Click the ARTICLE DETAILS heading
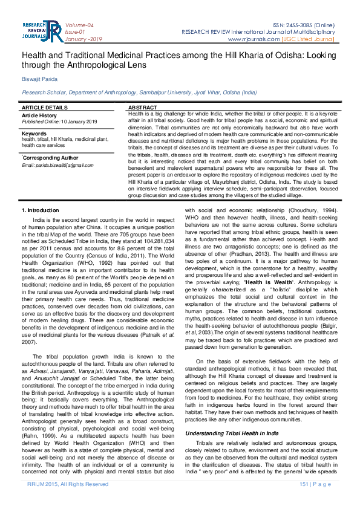click(x=45, y=107)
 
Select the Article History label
click(x=39, y=115)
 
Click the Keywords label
click(x=34, y=133)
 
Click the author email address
click(x=57, y=165)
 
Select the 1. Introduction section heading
click(x=41, y=209)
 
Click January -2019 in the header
click(x=83, y=39)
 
